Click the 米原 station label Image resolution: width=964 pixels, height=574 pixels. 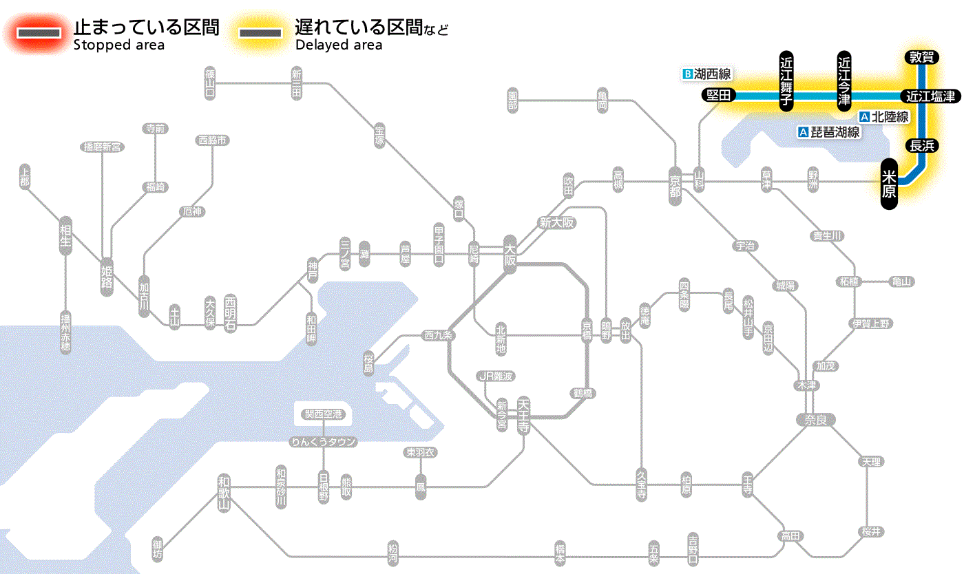pos(890,184)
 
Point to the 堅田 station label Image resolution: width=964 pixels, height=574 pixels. pos(719,96)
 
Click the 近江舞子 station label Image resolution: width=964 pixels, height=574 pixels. pos(786,81)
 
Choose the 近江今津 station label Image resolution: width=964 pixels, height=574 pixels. pos(844,81)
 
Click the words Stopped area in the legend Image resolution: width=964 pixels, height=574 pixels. pos(118,45)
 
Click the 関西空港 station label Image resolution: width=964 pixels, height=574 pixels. pos(324,414)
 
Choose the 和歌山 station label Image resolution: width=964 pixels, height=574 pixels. pos(224,492)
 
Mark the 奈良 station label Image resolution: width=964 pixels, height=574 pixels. pos(815,419)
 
